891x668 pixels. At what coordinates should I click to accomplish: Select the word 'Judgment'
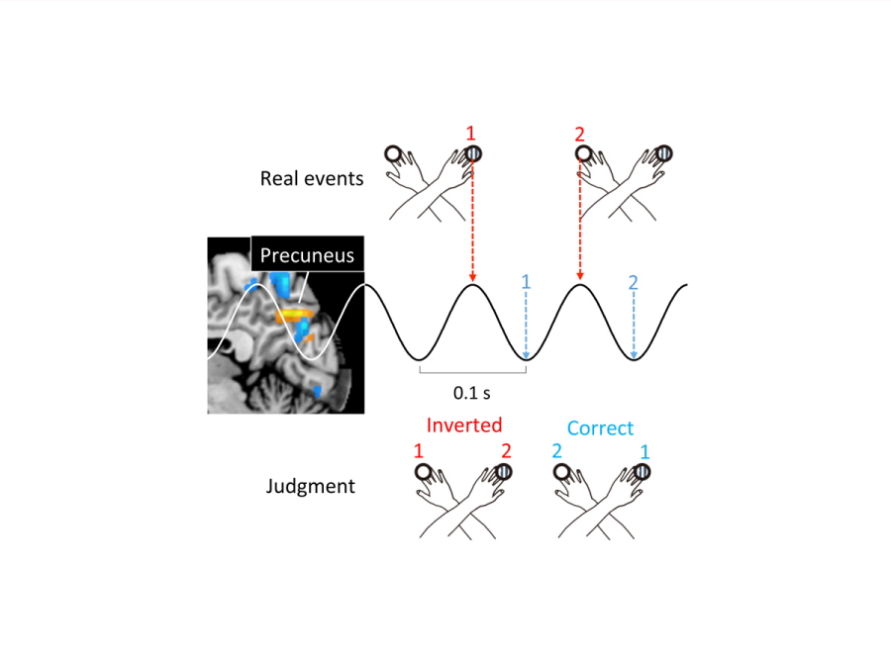click(x=310, y=487)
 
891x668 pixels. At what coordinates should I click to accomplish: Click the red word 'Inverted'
click(x=464, y=425)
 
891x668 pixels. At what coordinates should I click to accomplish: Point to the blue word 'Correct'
click(x=600, y=429)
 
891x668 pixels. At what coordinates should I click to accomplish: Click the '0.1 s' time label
click(x=471, y=393)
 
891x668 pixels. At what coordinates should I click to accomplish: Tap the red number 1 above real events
click(x=472, y=133)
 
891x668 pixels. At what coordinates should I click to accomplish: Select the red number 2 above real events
click(x=579, y=133)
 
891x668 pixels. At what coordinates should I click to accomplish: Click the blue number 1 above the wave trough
click(x=526, y=282)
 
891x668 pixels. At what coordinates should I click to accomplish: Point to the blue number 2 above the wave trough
click(x=634, y=282)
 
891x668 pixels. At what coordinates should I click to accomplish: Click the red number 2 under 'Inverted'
click(x=506, y=451)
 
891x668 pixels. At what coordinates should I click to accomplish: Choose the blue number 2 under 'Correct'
click(x=557, y=451)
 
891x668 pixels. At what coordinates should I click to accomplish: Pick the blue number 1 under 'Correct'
click(x=644, y=451)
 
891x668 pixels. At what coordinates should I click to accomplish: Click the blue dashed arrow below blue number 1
click(x=526, y=327)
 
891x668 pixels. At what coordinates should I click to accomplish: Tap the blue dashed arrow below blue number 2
click(x=634, y=327)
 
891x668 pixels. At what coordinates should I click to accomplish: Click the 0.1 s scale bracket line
click(x=471, y=374)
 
